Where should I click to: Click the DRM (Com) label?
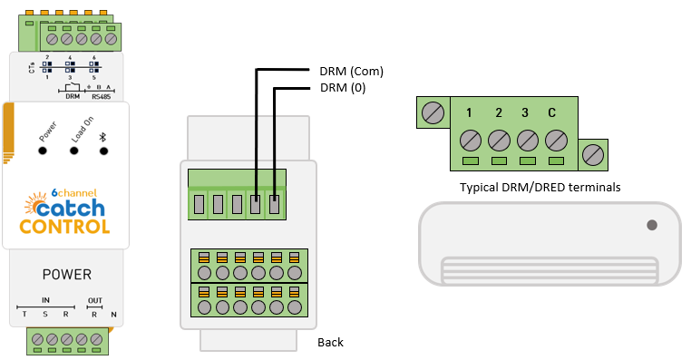point(351,72)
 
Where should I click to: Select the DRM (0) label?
point(343,88)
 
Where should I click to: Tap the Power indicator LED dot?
point(43,151)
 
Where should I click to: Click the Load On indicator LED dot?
point(74,151)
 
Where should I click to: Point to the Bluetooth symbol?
point(103,137)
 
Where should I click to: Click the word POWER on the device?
point(67,275)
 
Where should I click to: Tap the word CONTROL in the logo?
point(64,227)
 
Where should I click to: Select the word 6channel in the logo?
point(74,192)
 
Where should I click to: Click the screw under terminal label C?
point(556,141)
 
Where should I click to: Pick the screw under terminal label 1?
point(471,141)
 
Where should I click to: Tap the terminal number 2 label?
point(499,112)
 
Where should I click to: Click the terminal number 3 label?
point(525,112)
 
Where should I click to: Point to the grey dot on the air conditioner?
point(652,225)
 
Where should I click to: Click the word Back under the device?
point(330,343)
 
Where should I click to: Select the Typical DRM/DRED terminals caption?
point(540,188)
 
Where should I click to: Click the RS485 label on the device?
point(102,96)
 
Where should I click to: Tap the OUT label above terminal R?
point(94,300)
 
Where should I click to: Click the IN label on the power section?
point(45,300)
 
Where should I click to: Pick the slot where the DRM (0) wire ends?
point(274,205)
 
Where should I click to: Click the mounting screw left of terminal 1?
point(433,113)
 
